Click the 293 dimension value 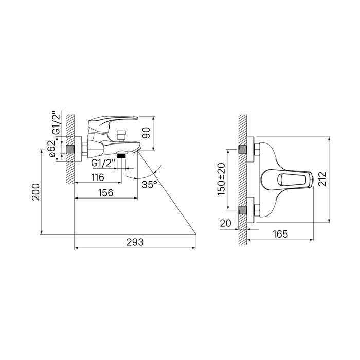click(135, 242)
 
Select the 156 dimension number click(106, 193)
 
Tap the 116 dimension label click(98, 177)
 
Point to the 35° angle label click(150, 184)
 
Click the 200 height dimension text click(35, 192)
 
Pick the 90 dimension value click(146, 133)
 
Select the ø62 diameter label click(52, 149)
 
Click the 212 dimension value click(322, 179)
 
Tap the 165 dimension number click(280, 234)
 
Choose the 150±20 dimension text click(222, 179)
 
